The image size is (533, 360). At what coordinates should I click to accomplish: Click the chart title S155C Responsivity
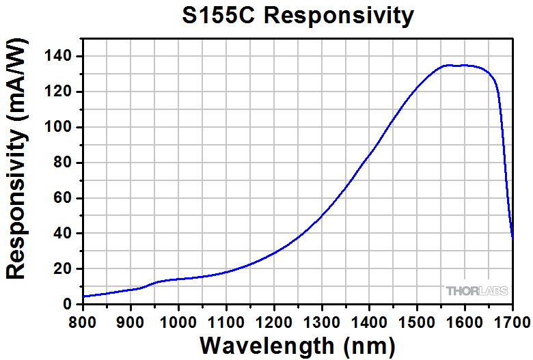tap(297, 15)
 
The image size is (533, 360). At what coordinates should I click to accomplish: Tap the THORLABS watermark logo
tap(478, 291)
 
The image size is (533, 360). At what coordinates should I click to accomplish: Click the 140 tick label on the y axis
tap(61, 57)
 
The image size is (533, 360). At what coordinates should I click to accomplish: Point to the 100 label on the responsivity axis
tap(61, 128)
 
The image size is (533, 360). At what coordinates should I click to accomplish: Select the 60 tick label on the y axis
tap(65, 199)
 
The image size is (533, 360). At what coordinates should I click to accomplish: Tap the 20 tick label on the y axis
tap(65, 269)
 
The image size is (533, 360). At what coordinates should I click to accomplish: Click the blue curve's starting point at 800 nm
tap(83, 296)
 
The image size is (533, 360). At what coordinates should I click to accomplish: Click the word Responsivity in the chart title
tap(339, 15)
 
